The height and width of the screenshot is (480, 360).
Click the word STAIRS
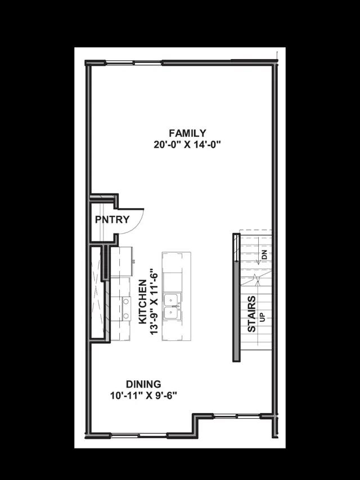click(x=252, y=313)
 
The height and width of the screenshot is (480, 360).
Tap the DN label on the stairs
click(x=264, y=256)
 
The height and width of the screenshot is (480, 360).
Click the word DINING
click(x=144, y=384)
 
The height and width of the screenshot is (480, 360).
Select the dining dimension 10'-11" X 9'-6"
click(x=144, y=396)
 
